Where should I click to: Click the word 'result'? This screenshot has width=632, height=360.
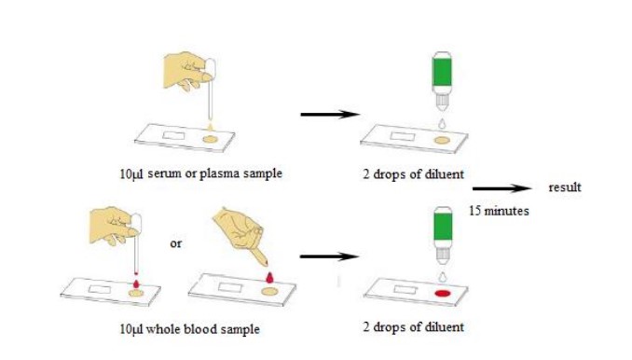click(x=565, y=187)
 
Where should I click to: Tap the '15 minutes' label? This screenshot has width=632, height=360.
click(x=499, y=211)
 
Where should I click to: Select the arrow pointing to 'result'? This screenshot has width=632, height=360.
click(x=502, y=188)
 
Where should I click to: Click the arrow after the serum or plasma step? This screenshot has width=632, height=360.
click(x=330, y=115)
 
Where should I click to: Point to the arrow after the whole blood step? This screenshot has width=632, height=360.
click(x=329, y=256)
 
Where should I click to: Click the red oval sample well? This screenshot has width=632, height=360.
click(x=442, y=294)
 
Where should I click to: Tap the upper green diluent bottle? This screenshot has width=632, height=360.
click(x=442, y=80)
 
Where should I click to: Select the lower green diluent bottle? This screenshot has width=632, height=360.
click(x=443, y=235)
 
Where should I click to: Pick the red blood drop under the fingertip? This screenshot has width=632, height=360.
click(x=269, y=277)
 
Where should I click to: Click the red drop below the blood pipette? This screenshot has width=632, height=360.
click(x=136, y=284)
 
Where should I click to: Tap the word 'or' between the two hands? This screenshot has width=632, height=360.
click(x=176, y=243)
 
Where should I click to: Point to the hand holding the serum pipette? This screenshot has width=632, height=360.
click(x=187, y=71)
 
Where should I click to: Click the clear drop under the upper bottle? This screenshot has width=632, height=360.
click(x=443, y=123)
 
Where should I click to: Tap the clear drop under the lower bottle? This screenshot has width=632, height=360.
click(x=443, y=277)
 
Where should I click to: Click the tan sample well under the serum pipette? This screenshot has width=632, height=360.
click(x=210, y=140)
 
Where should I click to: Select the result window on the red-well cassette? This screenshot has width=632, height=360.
click(x=405, y=290)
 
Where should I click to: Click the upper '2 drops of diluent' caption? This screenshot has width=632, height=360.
click(x=413, y=174)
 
